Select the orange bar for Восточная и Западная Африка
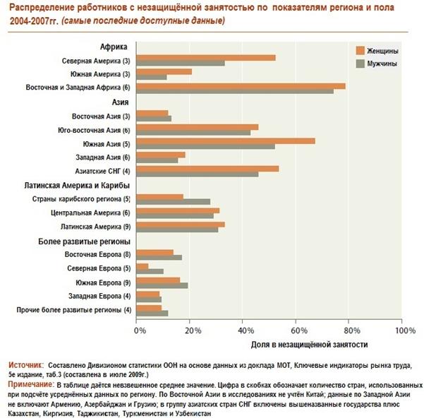coord(240,85)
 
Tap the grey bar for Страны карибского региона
coord(173,202)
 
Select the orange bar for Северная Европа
coord(142,265)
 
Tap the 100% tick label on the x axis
coord(401,330)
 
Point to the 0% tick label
coord(140,330)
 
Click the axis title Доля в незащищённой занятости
coord(310,344)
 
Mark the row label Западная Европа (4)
coord(99,297)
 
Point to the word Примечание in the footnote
coord(30,382)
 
